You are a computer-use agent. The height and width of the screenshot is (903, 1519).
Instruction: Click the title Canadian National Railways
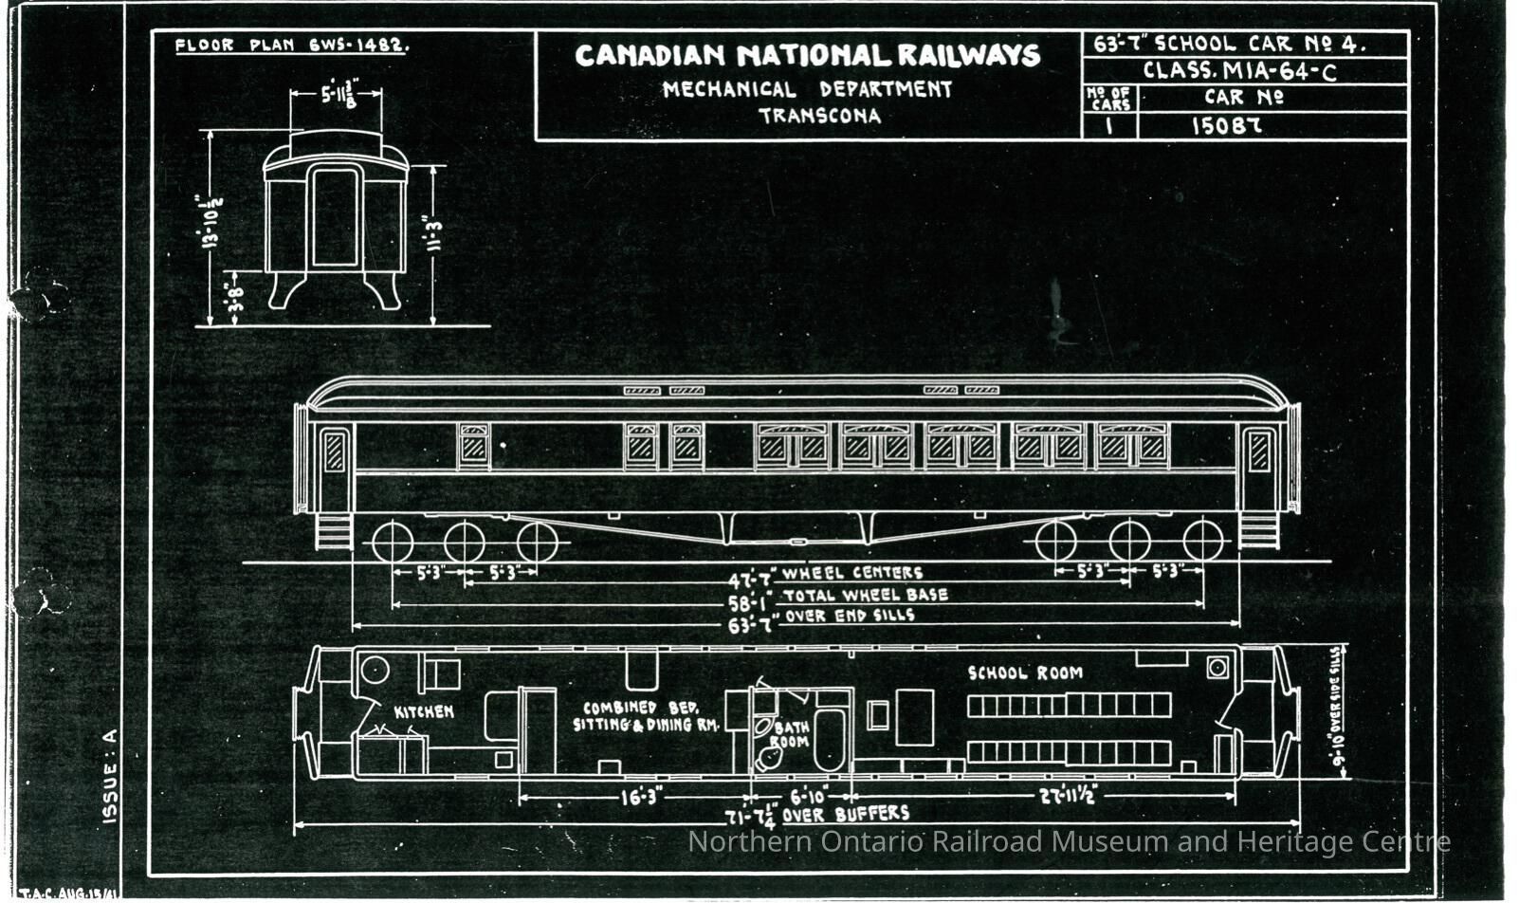[x=807, y=55]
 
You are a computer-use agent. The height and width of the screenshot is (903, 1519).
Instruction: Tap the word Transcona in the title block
[x=819, y=117]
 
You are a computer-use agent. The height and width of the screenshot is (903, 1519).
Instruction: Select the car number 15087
[x=1226, y=125]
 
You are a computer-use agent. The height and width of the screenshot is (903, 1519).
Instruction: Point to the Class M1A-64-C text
[x=1239, y=71]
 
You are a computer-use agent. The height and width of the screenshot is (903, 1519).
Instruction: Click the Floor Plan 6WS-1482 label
[x=291, y=45]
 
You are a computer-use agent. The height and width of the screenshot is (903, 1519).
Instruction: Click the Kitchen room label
[x=424, y=711]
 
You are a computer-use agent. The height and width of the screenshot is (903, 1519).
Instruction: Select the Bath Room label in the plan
[x=790, y=734]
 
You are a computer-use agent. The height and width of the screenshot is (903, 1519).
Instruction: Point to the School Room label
[x=1024, y=673]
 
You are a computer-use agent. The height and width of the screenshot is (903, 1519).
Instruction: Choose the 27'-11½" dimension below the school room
[x=1068, y=796]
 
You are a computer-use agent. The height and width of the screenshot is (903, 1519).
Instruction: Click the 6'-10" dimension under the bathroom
[x=808, y=797]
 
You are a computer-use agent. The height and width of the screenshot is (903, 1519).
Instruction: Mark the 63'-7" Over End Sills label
[x=820, y=619]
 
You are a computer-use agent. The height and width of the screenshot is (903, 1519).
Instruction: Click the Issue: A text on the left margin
[x=110, y=775]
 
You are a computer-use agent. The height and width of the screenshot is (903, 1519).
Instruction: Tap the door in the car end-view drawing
[x=336, y=217]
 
